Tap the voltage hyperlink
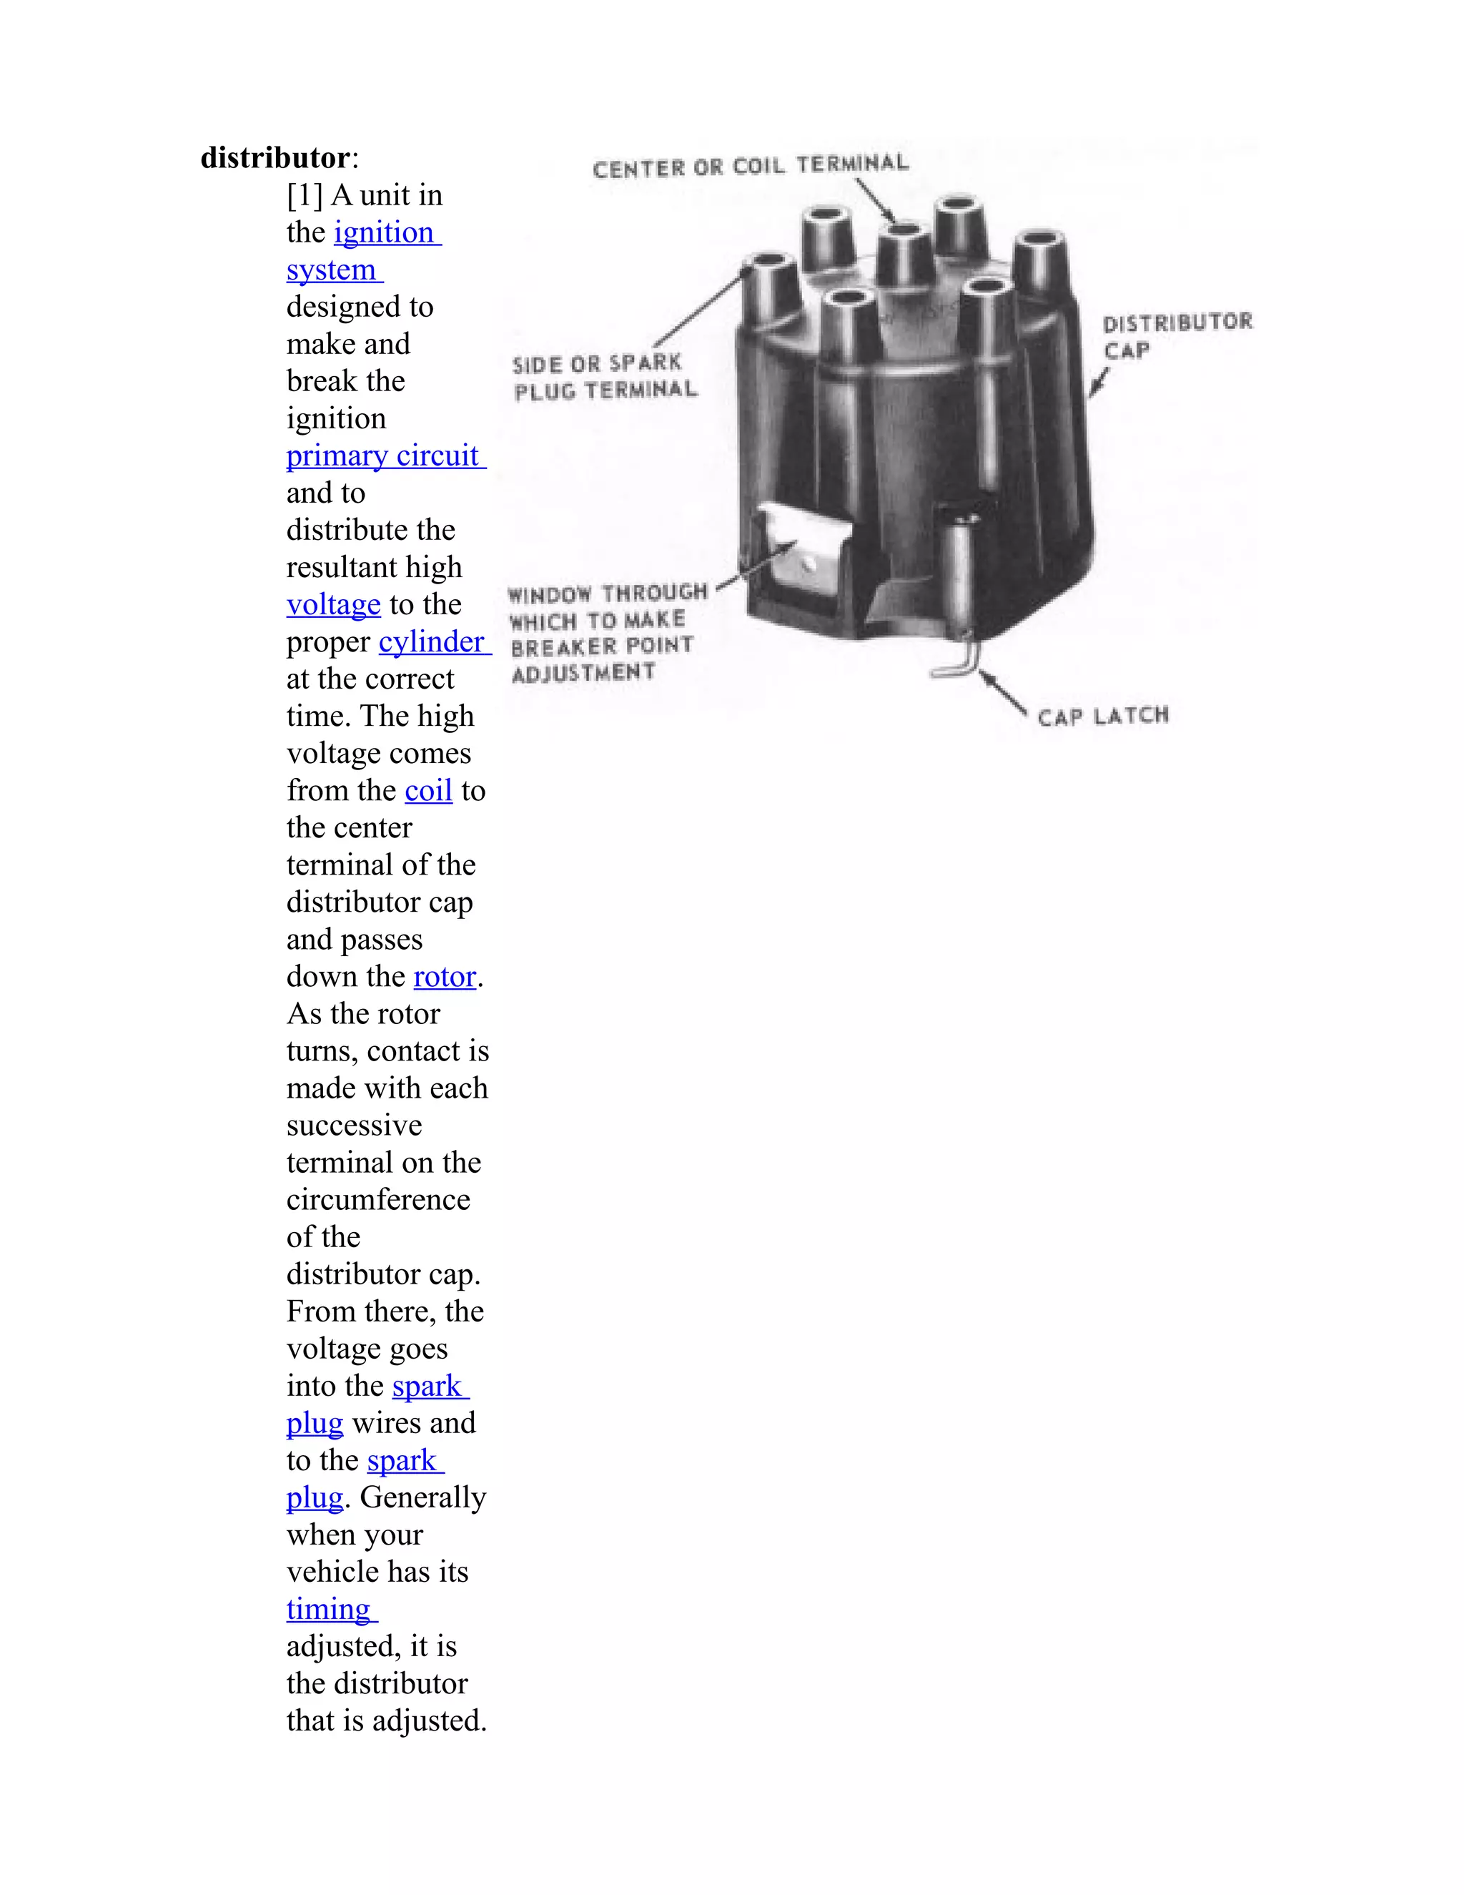coord(333,605)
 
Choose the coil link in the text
coord(428,792)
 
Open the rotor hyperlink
coord(444,977)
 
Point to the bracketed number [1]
coord(305,195)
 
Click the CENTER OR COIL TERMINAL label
coord(750,166)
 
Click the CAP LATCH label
coord(1102,717)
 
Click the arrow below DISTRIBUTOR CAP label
coord(1099,383)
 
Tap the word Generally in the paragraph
coord(423,1497)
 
